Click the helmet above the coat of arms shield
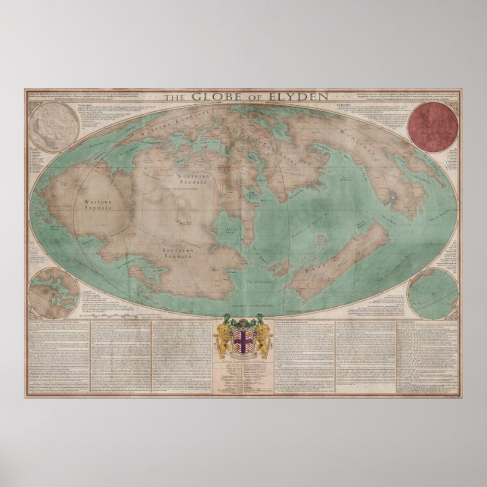click(x=243, y=318)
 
